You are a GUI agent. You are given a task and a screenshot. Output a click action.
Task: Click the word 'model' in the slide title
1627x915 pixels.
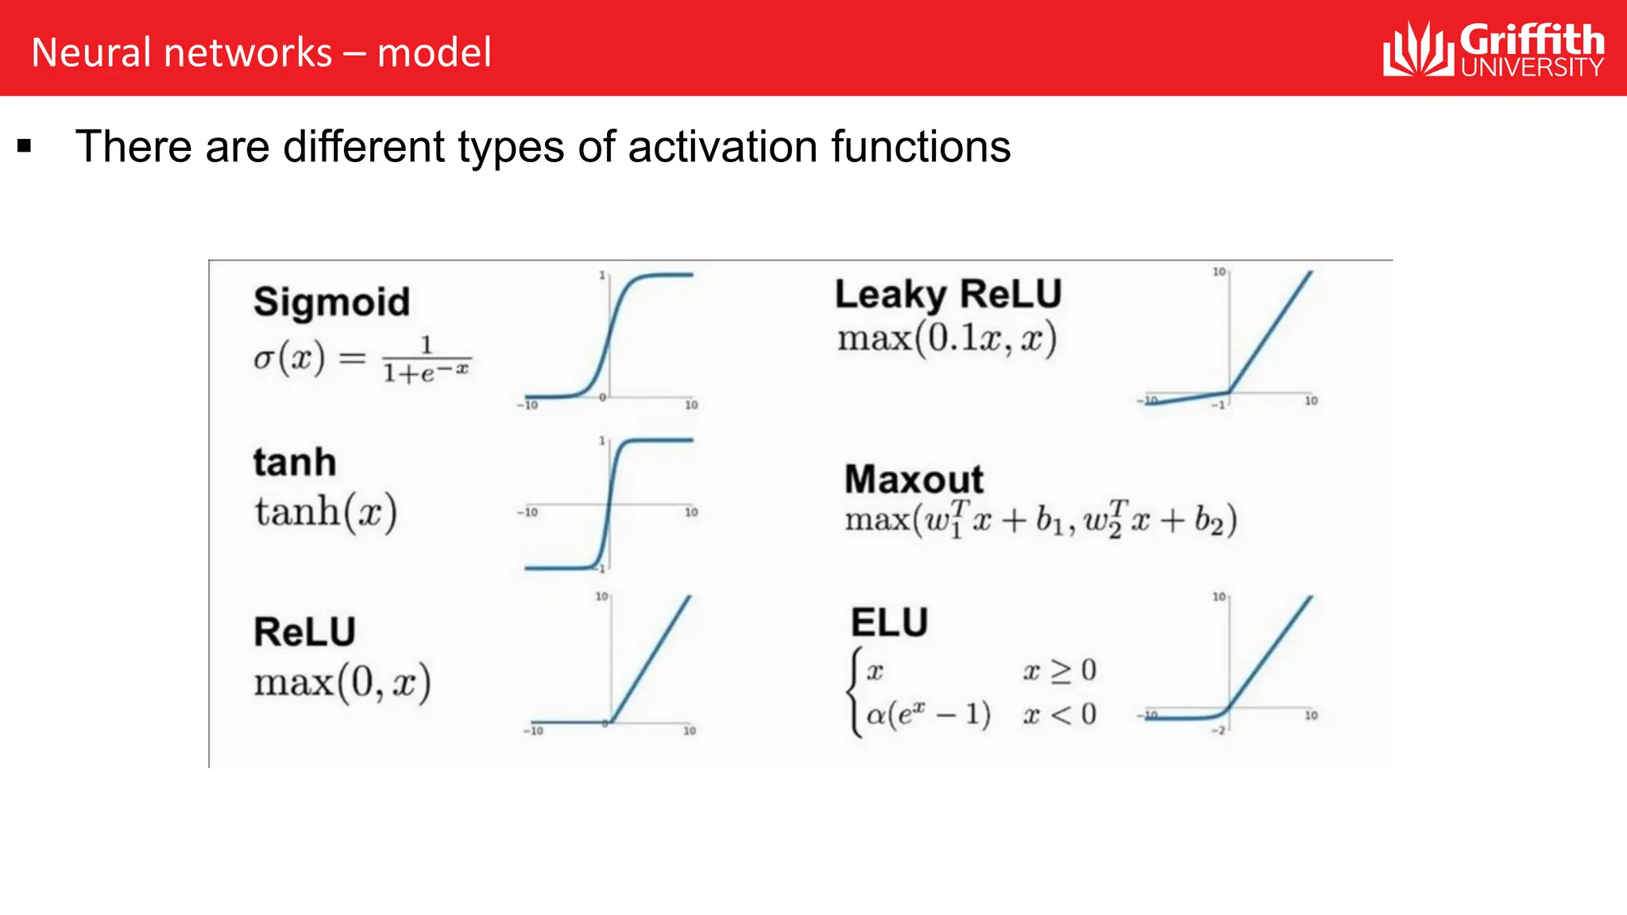coord(435,53)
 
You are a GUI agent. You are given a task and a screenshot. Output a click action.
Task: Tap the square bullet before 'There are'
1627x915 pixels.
coord(24,146)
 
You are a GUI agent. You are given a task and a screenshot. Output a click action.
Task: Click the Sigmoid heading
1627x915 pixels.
coord(331,303)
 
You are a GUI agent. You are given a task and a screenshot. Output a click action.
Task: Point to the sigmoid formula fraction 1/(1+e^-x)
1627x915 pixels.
coord(427,360)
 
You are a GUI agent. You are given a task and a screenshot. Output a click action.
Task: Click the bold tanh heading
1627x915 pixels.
coord(295,462)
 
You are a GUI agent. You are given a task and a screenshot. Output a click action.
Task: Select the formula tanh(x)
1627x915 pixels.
coord(326,512)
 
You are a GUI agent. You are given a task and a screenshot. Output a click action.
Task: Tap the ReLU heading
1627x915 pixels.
coord(304,632)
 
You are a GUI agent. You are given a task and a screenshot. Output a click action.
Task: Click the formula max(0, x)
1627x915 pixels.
coord(342,682)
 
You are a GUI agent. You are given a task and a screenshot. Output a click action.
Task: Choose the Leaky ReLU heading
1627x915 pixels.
coord(948,295)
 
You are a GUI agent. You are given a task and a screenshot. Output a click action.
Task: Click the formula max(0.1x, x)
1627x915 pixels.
coord(947,339)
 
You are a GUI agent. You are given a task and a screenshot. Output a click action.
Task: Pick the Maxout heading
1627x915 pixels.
coord(914,479)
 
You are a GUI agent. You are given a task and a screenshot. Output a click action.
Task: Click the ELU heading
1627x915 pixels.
coord(889,622)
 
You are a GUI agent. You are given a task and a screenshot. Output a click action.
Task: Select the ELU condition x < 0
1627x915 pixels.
coord(1060,714)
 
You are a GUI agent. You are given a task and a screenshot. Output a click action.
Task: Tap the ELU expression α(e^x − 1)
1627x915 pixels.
coord(928,714)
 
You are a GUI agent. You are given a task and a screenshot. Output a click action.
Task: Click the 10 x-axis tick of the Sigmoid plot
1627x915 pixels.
coord(691,405)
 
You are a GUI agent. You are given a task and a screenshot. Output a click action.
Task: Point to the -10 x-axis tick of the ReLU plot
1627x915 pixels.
coord(534,731)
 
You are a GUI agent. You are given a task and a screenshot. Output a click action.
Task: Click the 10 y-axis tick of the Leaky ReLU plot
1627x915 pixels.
coord(1219,272)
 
